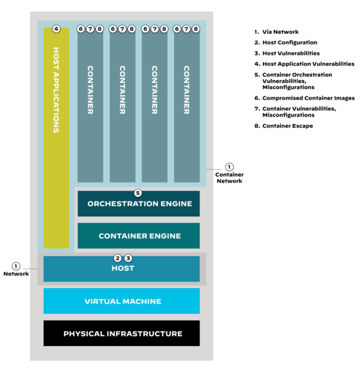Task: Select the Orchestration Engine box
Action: point(139,204)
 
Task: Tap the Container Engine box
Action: point(139,236)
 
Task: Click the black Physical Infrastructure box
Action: point(122,334)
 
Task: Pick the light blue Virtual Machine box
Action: point(122,301)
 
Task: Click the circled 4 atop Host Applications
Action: point(56,29)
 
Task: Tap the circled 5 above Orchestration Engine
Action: point(138,193)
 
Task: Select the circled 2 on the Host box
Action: point(118,258)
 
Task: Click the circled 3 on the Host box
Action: point(128,258)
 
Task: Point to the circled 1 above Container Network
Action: point(229,167)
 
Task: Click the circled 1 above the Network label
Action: point(16,266)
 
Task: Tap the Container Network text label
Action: point(229,178)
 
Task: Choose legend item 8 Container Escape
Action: point(284,126)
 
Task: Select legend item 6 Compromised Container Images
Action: point(305,98)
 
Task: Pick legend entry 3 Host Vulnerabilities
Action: point(287,53)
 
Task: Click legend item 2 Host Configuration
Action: point(286,43)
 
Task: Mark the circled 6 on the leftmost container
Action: point(81,29)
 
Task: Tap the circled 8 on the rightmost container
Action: point(196,29)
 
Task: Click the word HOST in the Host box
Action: point(123,268)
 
